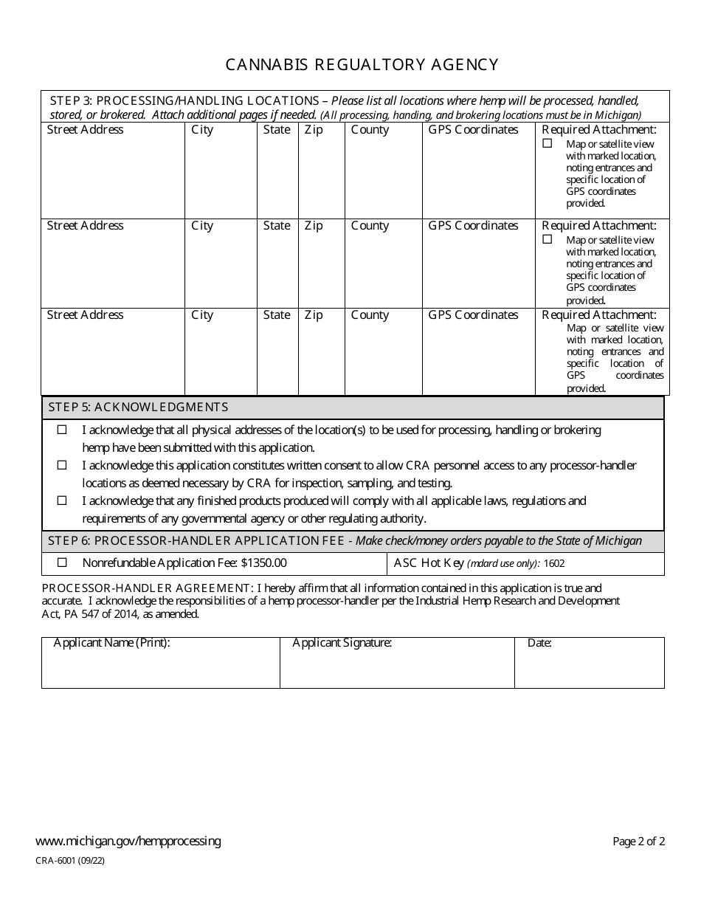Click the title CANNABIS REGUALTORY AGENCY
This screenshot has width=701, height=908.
[362, 65]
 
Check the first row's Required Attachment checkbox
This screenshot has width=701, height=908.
[548, 144]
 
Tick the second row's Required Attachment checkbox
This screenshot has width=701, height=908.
[548, 239]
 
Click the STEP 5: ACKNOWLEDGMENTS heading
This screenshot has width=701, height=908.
[138, 407]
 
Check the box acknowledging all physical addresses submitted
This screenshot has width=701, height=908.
[62, 430]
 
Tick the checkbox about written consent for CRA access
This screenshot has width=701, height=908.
[62, 465]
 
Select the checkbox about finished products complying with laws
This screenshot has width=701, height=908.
[62, 501]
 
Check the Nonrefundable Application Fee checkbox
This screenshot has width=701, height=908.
[62, 563]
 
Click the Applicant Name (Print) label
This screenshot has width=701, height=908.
[111, 643]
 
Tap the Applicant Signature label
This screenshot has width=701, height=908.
[342, 643]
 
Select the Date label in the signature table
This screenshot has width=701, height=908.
[539, 643]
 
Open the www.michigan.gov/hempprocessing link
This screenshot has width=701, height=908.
[128, 841]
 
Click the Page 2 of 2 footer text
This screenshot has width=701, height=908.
[638, 842]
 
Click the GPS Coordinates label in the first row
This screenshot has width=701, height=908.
[473, 130]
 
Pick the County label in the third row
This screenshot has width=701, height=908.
[370, 315]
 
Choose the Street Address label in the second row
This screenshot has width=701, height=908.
[85, 226]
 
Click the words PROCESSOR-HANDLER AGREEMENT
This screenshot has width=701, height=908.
[147, 588]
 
